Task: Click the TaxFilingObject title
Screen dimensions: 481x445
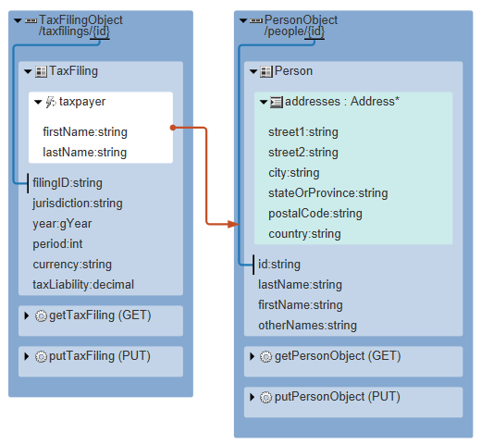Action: [80, 20]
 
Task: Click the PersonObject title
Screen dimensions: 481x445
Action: [301, 20]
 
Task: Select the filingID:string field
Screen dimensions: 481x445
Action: [68, 183]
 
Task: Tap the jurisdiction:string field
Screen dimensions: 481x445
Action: [78, 204]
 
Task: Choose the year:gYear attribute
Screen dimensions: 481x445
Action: [62, 224]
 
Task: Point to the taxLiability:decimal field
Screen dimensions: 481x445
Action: [83, 285]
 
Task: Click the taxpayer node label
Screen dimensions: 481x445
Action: [82, 102]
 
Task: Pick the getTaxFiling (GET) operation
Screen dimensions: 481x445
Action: [100, 315]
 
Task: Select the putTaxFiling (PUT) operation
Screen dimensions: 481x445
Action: [100, 356]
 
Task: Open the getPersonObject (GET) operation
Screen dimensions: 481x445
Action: [338, 356]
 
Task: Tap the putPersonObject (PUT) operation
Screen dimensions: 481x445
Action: [338, 397]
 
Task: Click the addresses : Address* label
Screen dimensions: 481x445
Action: [342, 102]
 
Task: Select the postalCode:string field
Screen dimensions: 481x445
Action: [315, 214]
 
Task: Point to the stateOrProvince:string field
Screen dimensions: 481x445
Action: [328, 193]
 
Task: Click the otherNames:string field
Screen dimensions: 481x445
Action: [307, 326]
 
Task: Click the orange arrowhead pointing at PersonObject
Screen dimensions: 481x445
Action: [233, 224]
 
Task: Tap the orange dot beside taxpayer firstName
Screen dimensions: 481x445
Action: [173, 128]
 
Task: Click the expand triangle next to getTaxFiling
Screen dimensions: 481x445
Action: [27, 315]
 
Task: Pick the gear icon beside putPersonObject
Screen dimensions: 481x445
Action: [265, 398]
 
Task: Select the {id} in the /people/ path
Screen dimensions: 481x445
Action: [314, 31]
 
